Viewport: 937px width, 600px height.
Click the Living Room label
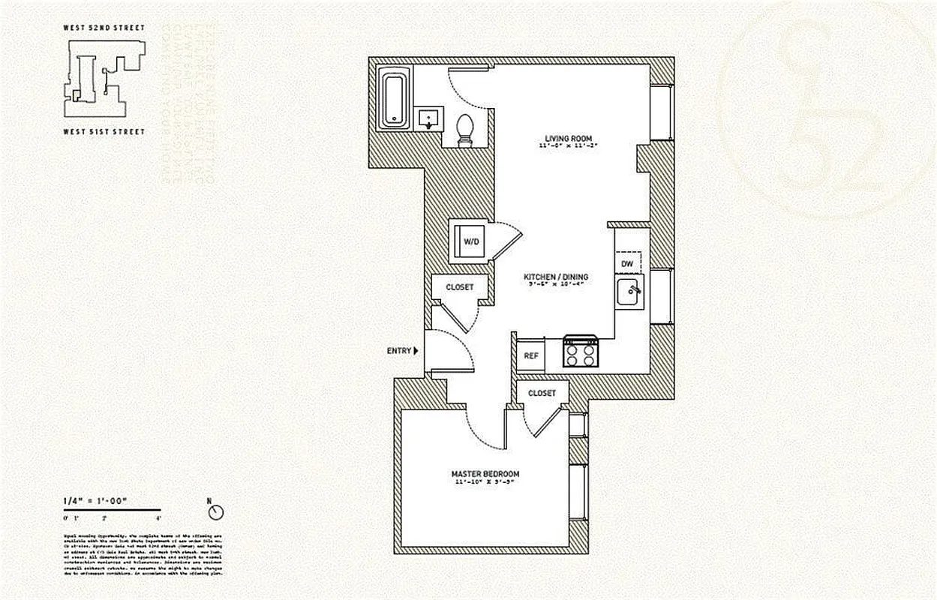569,139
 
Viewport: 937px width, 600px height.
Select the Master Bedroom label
485,474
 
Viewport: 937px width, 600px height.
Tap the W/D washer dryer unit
470,241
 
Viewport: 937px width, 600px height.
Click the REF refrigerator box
531,355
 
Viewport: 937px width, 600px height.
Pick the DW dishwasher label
628,264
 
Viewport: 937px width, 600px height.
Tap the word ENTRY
398,350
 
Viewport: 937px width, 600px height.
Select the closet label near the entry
459,287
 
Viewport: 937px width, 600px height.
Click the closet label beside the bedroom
542,394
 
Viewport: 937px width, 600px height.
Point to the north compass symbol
217,511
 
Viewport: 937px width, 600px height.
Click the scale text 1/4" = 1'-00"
95,501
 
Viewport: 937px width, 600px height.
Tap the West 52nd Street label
104,28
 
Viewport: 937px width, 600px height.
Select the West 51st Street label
104,131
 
